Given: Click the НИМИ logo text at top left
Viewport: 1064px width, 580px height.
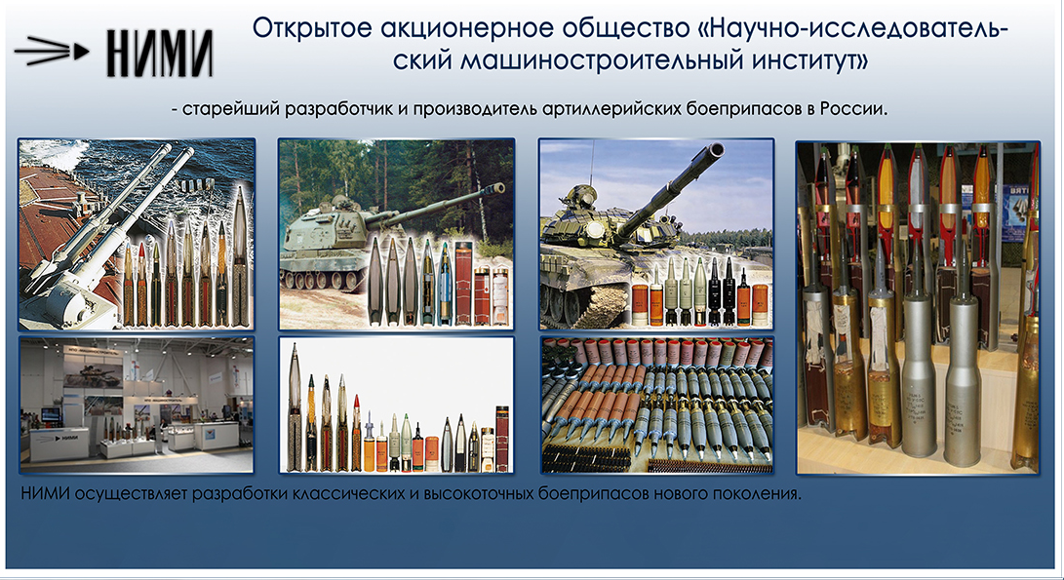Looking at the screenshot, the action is [160, 53].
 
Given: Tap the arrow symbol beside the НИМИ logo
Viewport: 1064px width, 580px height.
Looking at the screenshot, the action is [52, 51].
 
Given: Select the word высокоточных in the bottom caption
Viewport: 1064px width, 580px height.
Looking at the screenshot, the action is [479, 493].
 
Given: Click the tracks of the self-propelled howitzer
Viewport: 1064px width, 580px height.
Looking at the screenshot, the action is [326, 277].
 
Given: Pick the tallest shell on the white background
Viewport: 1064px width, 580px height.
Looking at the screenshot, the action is [295, 407].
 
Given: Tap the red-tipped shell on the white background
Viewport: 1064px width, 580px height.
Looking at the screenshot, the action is [357, 433].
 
